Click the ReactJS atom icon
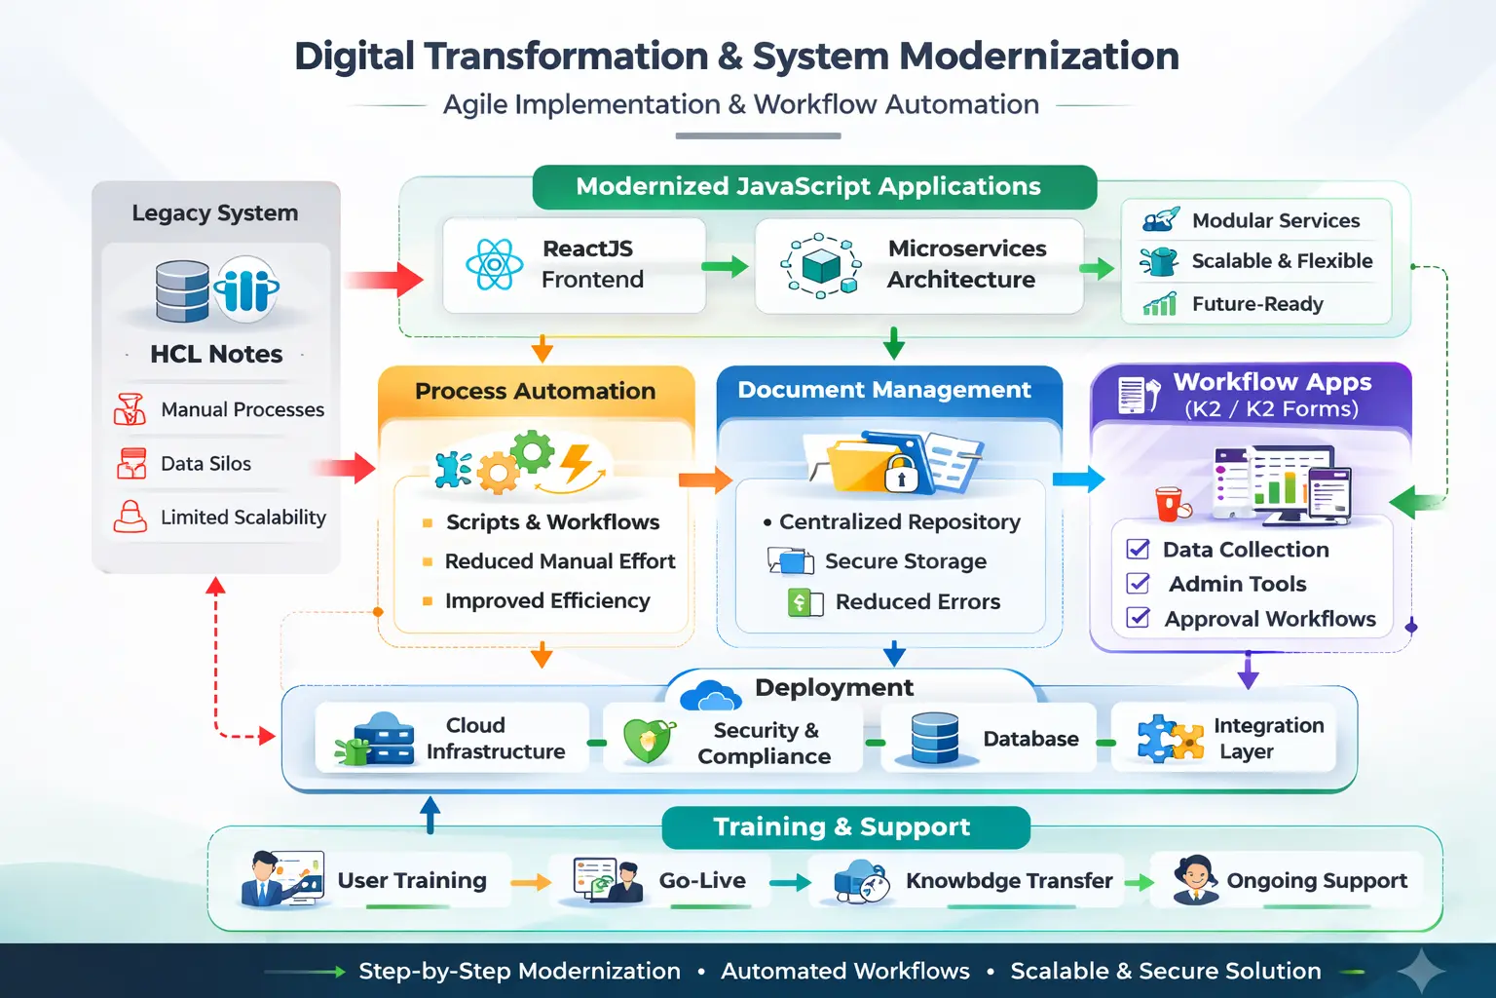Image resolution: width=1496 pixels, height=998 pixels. point(495,264)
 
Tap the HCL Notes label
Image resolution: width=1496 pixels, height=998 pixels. point(216,354)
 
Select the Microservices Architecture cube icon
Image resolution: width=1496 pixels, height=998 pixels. point(821,264)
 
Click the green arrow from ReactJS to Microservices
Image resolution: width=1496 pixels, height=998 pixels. point(726,266)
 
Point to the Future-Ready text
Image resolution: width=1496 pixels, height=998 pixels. point(1257,304)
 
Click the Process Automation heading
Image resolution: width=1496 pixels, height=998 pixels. point(535,391)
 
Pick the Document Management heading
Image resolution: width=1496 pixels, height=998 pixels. point(883,390)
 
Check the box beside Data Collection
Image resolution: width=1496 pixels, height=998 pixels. point(1138,549)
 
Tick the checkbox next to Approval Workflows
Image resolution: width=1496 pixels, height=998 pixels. point(1138,618)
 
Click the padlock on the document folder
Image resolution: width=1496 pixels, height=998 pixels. point(901,475)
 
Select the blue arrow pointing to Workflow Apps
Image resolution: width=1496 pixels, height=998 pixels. point(1079,479)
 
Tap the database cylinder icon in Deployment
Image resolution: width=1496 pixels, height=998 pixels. point(935,738)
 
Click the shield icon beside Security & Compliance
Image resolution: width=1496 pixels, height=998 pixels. point(649,740)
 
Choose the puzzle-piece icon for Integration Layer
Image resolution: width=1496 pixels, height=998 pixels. point(1170,739)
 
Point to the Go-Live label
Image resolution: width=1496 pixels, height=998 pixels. point(702,880)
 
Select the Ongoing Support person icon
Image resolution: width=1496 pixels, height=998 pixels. point(1194,879)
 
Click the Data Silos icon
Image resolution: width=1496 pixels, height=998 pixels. point(131,464)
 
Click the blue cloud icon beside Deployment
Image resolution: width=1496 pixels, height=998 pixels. point(710,696)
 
